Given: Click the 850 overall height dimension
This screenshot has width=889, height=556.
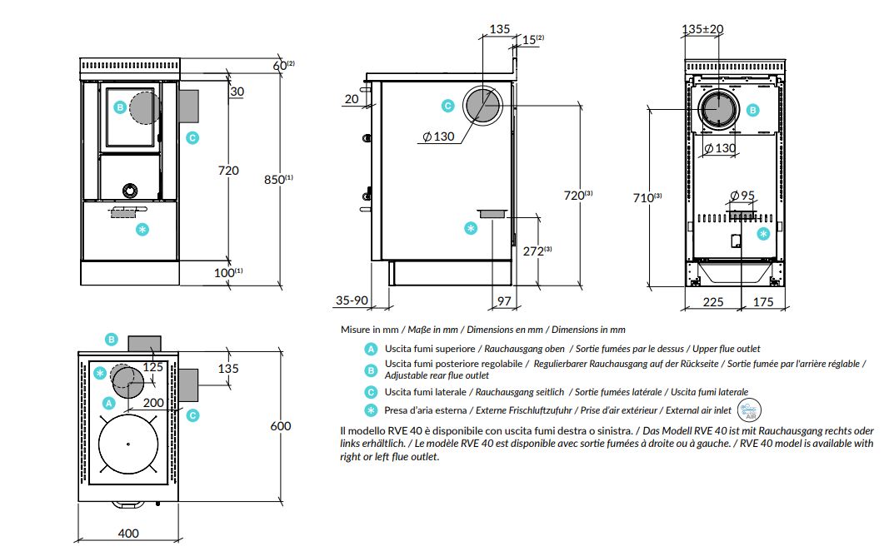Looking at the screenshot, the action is (278, 180).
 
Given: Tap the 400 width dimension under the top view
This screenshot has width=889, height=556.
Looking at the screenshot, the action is (128, 534).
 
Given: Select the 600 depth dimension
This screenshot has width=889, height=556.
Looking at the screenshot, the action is (281, 426).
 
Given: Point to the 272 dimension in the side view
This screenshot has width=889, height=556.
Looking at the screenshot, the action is (537, 251).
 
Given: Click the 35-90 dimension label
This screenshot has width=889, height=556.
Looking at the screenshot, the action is (352, 300).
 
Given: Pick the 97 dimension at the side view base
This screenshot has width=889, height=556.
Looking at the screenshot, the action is (504, 301).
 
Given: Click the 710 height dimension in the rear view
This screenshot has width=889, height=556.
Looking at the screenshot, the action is (647, 197).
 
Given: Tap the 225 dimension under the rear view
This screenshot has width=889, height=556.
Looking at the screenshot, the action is (712, 302).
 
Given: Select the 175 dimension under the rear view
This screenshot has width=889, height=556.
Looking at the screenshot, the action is (763, 302).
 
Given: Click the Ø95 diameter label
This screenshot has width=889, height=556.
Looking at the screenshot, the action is (742, 196).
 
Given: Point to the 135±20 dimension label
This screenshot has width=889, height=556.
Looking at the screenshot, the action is (702, 29).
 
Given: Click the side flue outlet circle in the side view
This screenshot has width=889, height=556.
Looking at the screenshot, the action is (483, 106).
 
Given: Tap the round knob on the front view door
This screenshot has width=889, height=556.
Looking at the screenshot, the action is (130, 191).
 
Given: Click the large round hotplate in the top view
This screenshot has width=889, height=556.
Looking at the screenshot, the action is (128, 444).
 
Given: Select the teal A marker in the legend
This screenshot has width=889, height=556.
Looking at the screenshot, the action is (371, 349).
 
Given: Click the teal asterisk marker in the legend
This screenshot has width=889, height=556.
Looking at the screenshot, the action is (371, 410).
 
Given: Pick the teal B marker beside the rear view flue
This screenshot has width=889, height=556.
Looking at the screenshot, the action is (753, 110).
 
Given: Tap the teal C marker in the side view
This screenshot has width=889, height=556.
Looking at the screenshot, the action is (448, 106).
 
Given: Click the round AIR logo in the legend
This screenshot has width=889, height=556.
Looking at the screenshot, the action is (749, 410).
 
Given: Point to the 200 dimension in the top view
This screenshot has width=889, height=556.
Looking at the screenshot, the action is (153, 403).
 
